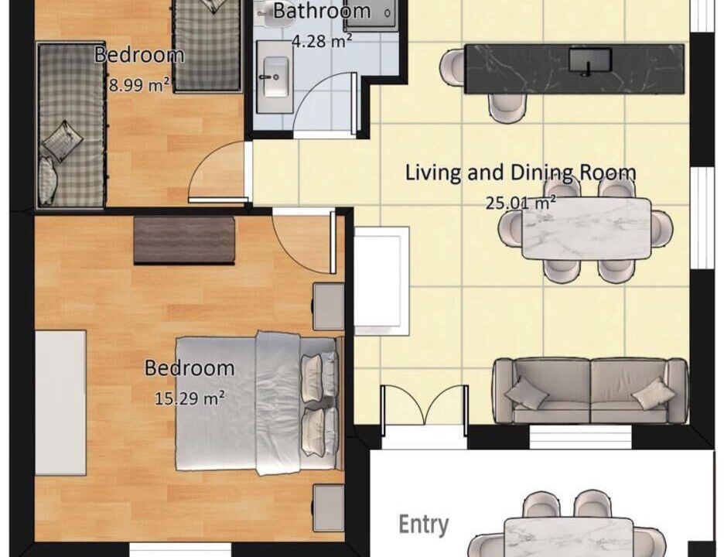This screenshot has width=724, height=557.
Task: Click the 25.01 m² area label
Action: tap(521, 202)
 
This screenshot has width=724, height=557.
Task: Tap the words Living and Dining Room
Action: tap(521, 173)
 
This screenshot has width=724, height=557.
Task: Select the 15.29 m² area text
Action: tap(190, 398)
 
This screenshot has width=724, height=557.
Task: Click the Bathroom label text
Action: tap(322, 11)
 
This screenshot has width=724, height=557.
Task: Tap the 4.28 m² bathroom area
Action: tap(322, 41)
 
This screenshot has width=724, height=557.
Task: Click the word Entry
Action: tap(423, 525)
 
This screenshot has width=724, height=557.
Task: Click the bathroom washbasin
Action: tap(275, 77)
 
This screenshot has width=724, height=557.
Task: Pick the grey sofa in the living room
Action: tap(590, 391)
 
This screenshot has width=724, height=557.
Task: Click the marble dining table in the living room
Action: tap(586, 229)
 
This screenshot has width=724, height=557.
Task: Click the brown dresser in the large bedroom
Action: tap(184, 240)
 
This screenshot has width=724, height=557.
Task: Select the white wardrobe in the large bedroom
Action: tap(60, 402)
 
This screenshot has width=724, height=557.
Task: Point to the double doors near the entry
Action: tap(425, 410)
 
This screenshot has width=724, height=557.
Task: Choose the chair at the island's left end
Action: tap(452, 67)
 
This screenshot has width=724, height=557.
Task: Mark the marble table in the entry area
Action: tap(569, 537)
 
